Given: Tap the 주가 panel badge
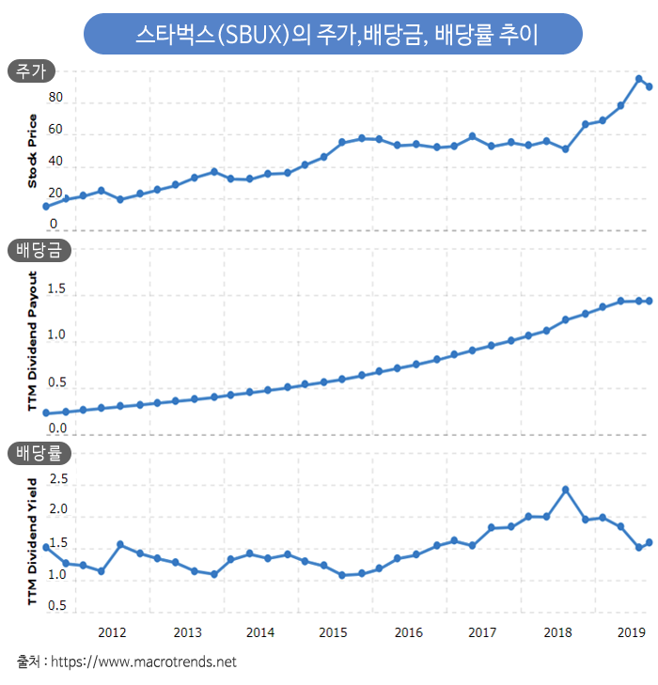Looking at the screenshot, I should (x=31, y=71).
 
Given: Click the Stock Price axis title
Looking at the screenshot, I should (x=32, y=151).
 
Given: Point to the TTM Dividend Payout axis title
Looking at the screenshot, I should (x=32, y=343).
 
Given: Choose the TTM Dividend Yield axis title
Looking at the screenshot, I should (x=32, y=540).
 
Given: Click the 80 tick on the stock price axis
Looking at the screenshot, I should (x=55, y=98).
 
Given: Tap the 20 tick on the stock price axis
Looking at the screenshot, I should (x=55, y=194).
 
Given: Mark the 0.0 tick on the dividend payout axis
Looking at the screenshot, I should (x=56, y=428).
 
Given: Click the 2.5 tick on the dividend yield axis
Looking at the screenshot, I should (x=58, y=479).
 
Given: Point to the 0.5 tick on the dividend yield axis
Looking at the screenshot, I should (x=58, y=606).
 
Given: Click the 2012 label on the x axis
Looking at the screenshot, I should (x=113, y=632).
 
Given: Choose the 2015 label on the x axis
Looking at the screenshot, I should (x=335, y=632).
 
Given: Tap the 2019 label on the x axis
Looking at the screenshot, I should (x=631, y=632).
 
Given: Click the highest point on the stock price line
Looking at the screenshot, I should (x=639, y=79).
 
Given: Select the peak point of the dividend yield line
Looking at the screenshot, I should (x=566, y=490).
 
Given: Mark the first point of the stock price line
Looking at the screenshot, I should (x=46, y=206).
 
